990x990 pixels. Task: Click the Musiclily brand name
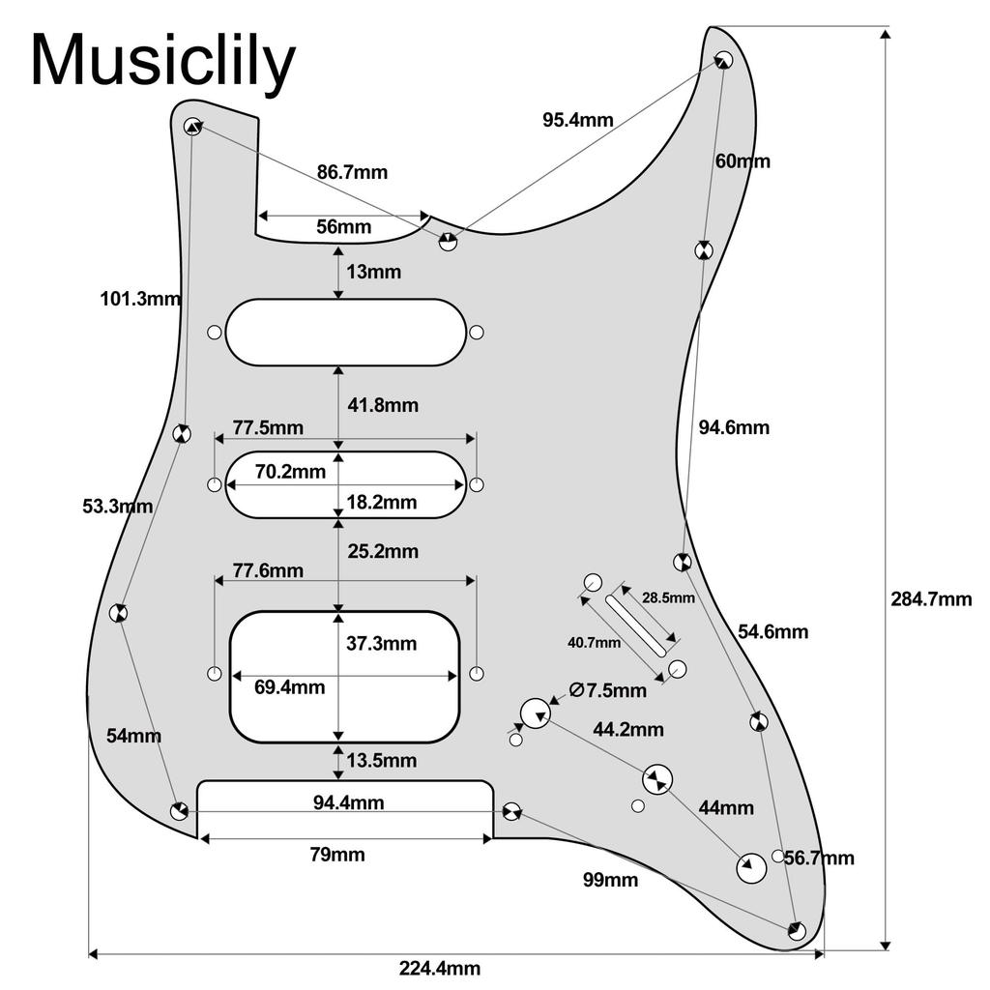pos(162,61)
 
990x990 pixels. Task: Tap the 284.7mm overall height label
pos(930,599)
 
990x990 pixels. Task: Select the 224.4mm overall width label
pos(440,968)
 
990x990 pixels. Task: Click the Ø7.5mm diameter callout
pos(607,690)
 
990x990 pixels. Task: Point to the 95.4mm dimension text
pos(577,120)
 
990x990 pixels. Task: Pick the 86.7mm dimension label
pos(352,172)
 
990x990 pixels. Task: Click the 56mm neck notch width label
pos(344,227)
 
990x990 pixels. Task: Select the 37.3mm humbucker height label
pos(380,644)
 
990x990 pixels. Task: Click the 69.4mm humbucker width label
pos(290,688)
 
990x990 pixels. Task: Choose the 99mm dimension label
pos(610,880)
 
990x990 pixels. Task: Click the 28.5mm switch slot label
pos(668,598)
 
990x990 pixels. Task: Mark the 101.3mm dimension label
pos(140,299)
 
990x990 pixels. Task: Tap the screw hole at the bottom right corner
pos(797,931)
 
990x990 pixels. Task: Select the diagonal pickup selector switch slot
pos(635,625)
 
